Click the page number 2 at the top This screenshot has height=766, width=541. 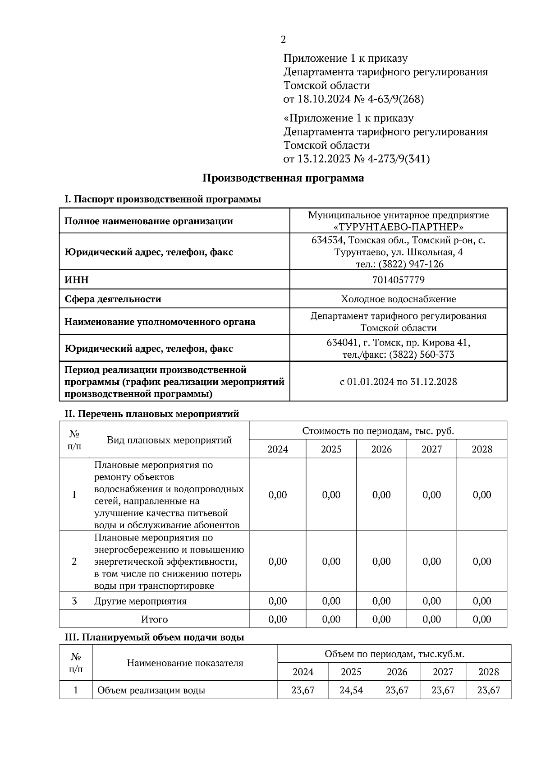click(283, 40)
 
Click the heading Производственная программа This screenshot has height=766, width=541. click(283, 178)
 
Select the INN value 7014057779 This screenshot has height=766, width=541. click(398, 280)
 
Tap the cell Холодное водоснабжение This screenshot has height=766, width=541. click(398, 299)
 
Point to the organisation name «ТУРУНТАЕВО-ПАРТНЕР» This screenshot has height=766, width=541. click(398, 227)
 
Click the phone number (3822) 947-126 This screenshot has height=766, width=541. click(411, 264)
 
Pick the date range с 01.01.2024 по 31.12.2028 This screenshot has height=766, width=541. click(398, 382)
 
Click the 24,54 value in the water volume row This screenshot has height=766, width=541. click(351, 690)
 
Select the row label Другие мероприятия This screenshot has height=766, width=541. click(140, 601)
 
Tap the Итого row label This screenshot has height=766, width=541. click(154, 619)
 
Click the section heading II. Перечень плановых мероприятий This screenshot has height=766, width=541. click(152, 414)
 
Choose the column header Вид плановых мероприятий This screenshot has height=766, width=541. click(169, 440)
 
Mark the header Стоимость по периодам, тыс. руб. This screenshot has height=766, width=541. click(378, 431)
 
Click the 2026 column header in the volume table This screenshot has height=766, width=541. click(397, 672)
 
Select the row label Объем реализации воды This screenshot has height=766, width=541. click(151, 690)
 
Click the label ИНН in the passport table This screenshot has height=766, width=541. click(77, 280)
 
